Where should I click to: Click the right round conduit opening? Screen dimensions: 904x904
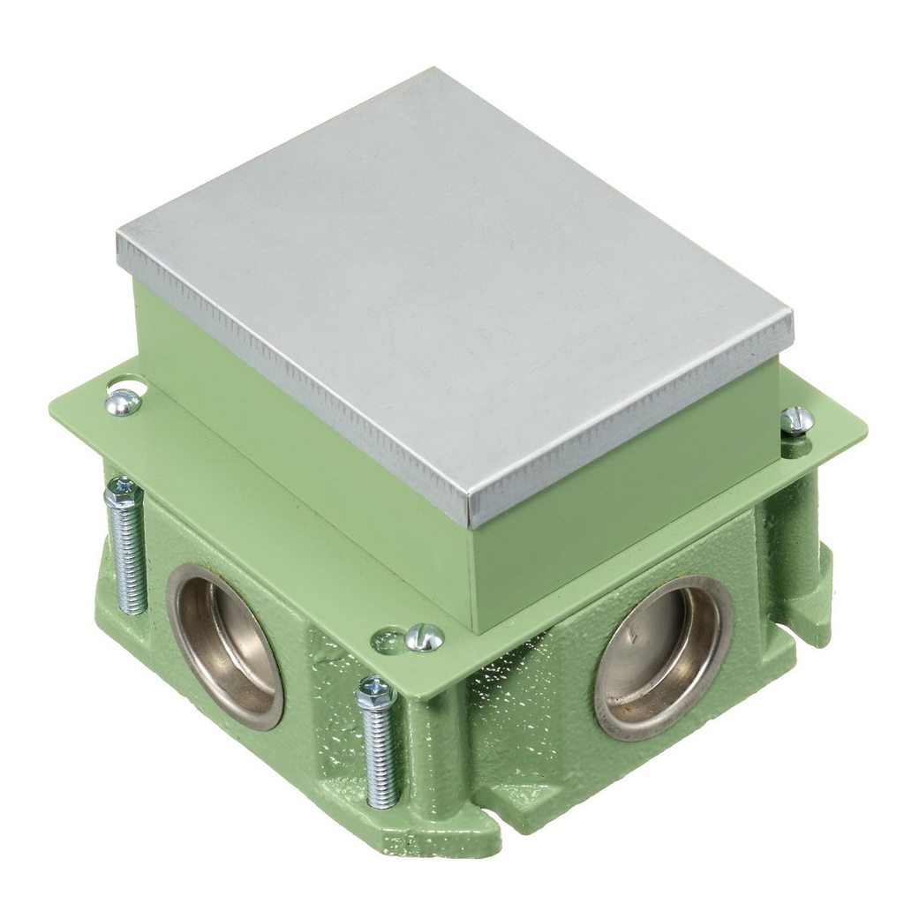pos(664,657)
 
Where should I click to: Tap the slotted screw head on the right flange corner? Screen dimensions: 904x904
pos(797,420)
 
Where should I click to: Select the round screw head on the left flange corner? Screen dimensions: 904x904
pos(122,403)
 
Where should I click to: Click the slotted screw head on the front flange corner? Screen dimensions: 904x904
pos(425,637)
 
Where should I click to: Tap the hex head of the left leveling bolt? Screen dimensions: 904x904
pos(123,493)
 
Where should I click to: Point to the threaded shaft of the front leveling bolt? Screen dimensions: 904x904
pos(380,759)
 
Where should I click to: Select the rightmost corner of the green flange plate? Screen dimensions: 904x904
pos(864,431)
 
